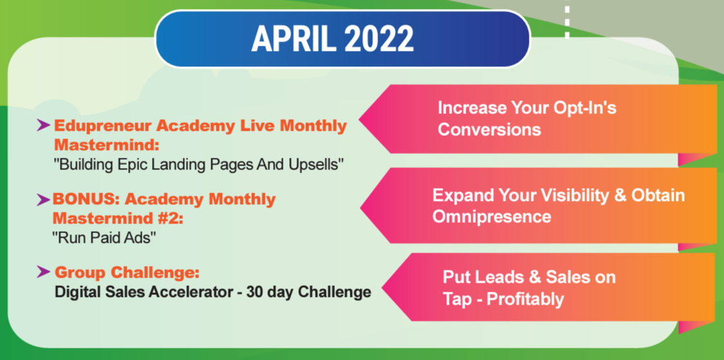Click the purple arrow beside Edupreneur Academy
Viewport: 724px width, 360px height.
click(x=43, y=125)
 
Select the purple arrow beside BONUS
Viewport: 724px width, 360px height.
click(x=43, y=200)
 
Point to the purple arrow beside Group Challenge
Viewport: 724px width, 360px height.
click(x=43, y=272)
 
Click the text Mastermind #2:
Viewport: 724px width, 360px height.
click(x=119, y=218)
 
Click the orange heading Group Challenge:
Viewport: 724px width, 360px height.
click(x=127, y=273)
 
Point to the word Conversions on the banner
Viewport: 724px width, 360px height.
click(x=490, y=129)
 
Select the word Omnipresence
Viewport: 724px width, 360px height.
click(x=491, y=216)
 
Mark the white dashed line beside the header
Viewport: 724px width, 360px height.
click(x=567, y=21)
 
